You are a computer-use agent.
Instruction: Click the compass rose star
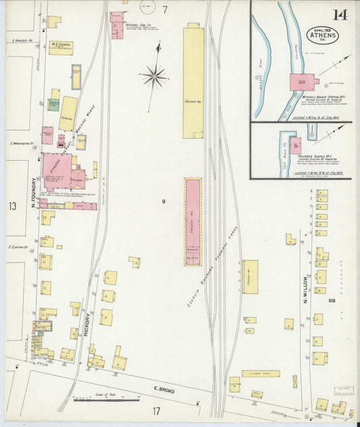pos(155,76)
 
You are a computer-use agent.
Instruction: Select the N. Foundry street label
pos(34,192)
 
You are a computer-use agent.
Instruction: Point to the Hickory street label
pos(87,323)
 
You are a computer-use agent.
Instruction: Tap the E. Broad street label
pos(164,390)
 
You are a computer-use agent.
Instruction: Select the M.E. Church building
pos(61,47)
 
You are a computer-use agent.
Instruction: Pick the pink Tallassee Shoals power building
pos(296,145)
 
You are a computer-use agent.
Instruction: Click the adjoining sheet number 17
pos(156,410)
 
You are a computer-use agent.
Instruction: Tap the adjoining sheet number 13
pos(12,205)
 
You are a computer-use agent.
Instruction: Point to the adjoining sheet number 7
pos(165,9)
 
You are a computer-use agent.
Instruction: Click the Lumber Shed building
pos(261,373)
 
